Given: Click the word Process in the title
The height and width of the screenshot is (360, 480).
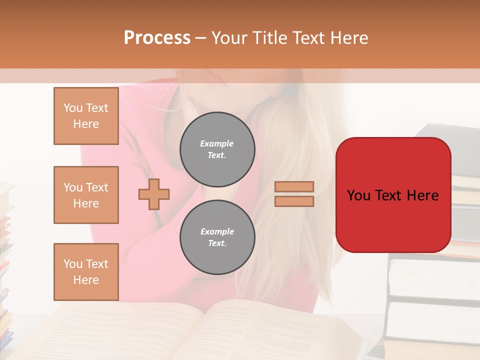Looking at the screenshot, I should point(157,38).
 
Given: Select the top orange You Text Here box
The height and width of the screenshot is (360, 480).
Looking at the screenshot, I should point(86,116).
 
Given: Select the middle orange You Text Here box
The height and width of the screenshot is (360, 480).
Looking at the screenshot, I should point(86,195).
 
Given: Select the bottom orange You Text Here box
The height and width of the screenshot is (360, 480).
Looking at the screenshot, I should point(86,272).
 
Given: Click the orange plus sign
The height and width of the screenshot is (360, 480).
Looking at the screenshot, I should point(154,194).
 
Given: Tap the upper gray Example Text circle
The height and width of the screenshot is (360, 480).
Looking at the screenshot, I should point(217,149).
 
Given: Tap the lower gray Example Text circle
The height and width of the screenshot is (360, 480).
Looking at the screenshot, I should point(217,237).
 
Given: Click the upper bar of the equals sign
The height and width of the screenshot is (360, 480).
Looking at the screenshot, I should point(294,186).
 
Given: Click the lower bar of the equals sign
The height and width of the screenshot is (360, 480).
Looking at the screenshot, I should point(294,201).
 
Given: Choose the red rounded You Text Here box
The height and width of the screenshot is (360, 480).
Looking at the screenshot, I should point(393,195).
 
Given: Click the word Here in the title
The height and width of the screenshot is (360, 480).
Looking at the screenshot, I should point(348,38).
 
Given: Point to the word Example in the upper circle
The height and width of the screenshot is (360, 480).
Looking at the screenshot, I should point(217,143).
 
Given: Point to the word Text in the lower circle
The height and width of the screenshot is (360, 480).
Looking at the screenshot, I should point(217,243).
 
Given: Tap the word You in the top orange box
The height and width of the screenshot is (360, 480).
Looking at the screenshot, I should point(72,108).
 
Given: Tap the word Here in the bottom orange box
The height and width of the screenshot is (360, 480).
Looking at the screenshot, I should point(86,280).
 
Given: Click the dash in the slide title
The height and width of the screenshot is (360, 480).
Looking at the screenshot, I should point(201,38).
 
